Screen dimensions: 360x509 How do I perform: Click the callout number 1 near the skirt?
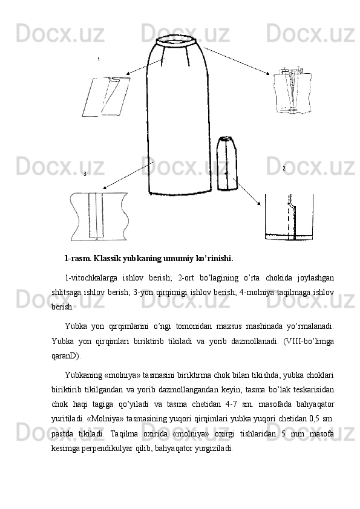pos(99,59)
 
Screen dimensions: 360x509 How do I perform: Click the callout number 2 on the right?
pos(284,169)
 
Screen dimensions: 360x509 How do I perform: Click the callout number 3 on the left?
pos(85,174)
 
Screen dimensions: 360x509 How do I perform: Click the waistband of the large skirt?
pos(176,41)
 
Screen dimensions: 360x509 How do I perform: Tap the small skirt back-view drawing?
pos(227,164)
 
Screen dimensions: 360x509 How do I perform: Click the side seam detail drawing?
pos(99,216)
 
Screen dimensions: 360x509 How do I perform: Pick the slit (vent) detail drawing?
pos(289,217)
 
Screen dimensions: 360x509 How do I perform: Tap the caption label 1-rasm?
pos(78,259)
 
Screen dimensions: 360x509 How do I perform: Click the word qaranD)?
pos(67,356)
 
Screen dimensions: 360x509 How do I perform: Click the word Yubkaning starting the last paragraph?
pos(83,376)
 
